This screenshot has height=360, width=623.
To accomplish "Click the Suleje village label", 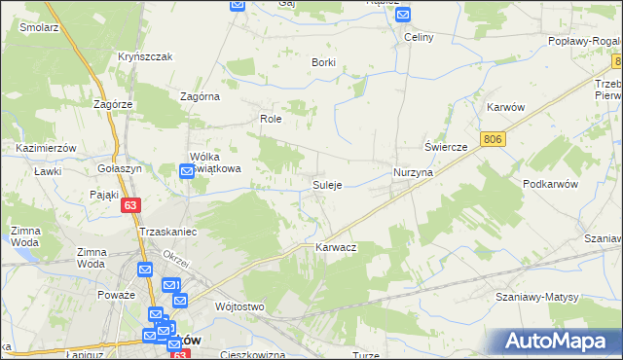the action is (326, 185).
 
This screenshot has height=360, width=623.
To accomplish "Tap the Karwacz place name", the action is (336, 248).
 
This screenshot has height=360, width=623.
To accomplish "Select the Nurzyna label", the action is (413, 171).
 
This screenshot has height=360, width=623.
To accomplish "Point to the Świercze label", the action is (447, 146).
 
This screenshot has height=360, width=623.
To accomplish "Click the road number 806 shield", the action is (494, 140).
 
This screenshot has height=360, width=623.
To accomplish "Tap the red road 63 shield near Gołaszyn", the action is (131, 205).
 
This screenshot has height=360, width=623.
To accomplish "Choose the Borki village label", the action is (323, 62).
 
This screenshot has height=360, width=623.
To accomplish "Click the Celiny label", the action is (419, 37).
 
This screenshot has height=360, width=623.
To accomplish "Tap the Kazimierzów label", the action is (47, 147).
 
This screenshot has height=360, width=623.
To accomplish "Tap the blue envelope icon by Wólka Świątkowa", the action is (187, 172).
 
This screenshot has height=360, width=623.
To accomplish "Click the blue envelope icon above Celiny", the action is (403, 15).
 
